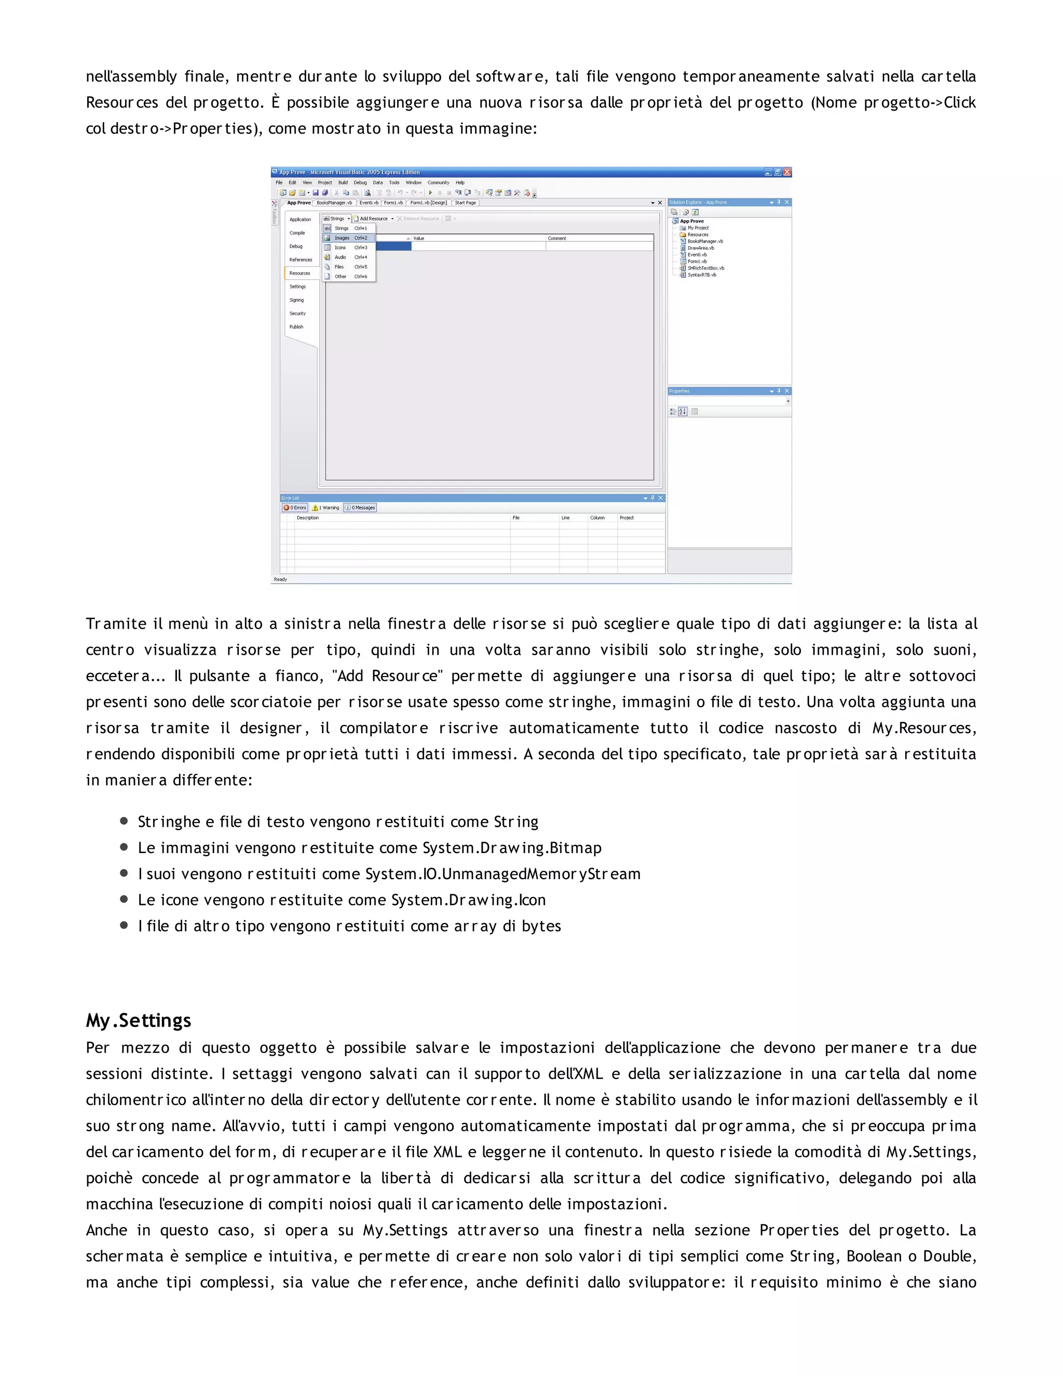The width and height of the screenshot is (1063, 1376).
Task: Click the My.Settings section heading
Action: coord(139,1020)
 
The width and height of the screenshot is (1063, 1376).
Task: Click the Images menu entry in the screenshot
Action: coord(342,238)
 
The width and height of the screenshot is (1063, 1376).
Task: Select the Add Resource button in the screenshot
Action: coord(373,219)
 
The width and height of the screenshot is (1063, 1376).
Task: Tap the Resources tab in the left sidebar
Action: coord(300,274)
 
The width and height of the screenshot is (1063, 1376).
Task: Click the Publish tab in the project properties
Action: coord(296,327)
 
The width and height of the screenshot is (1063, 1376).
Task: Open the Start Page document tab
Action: coord(466,203)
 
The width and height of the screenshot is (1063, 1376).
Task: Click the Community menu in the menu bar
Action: coord(438,183)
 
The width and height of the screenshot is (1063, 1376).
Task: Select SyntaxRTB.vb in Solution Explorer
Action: coord(702,275)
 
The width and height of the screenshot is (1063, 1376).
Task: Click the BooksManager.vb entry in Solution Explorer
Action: coord(705,241)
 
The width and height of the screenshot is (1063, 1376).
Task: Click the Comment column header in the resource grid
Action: coord(557,238)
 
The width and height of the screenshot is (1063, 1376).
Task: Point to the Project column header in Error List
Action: coord(626,518)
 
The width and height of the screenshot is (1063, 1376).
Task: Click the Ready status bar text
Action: coord(280,579)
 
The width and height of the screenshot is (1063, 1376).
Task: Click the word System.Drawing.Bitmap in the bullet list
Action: coord(511,848)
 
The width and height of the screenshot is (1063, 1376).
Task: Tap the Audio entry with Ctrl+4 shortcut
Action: coord(340,257)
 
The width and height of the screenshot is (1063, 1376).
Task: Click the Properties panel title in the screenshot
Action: coord(679,392)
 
